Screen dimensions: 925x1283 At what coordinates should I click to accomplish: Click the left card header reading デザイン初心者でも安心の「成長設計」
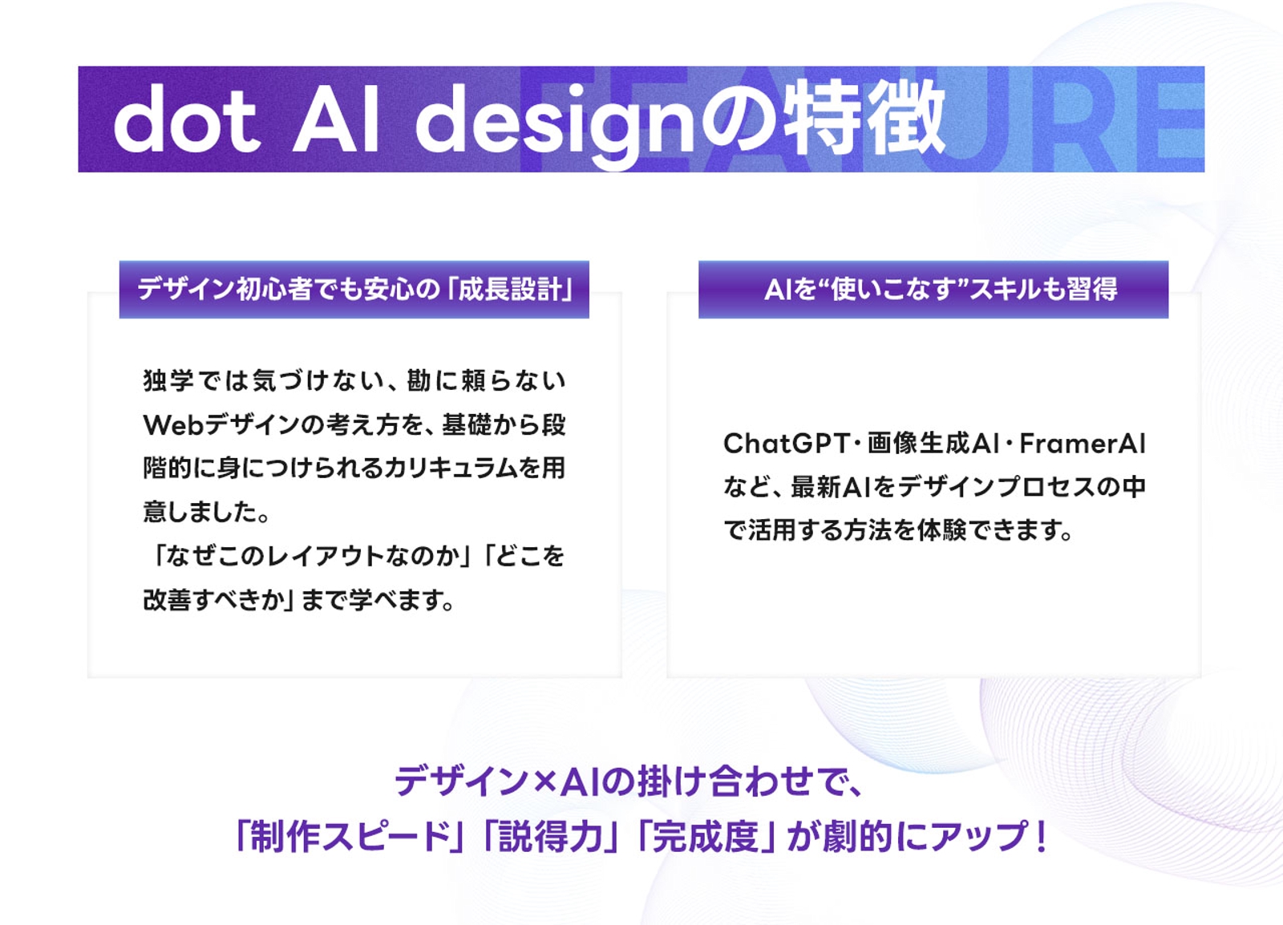point(354,289)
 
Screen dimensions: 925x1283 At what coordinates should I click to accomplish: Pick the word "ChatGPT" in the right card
point(785,443)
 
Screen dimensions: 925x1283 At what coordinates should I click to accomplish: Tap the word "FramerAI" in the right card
point(1082,443)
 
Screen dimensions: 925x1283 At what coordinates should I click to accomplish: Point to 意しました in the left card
point(200,512)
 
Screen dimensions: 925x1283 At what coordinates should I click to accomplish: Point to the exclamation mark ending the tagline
point(1041,837)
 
